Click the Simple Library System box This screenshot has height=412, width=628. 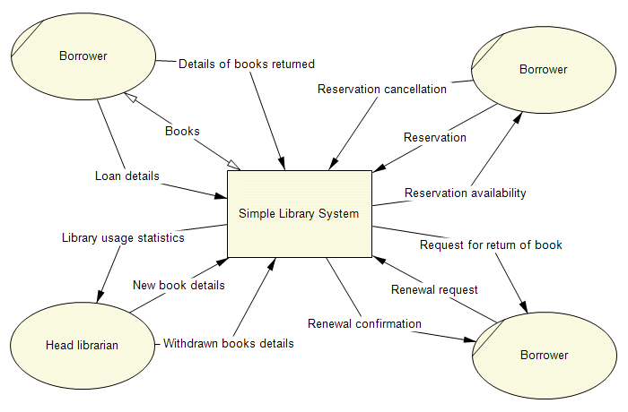point(299,213)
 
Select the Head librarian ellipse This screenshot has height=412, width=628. point(82,345)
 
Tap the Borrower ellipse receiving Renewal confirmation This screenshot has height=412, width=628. point(544,355)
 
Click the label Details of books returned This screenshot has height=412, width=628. point(247,64)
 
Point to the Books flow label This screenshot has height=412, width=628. point(182,131)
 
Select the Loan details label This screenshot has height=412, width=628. point(126,176)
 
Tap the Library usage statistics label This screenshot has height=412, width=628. point(123,238)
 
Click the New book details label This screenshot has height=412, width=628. point(179,285)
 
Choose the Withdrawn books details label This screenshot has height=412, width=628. point(228,343)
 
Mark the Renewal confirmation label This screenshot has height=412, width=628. point(364,323)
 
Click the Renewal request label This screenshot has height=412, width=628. point(434,289)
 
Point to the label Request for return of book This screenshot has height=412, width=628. point(491,245)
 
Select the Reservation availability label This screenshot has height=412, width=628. point(465,193)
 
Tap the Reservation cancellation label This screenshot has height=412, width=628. point(382,89)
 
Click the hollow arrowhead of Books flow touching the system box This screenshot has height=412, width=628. point(234,164)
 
